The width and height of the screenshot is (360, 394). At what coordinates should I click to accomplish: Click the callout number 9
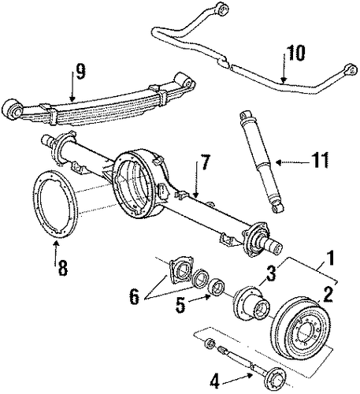point(80,71)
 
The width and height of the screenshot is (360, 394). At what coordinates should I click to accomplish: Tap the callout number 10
point(295,53)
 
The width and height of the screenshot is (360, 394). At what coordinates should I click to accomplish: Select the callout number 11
point(318,159)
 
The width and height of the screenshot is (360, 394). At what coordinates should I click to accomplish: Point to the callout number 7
point(205,162)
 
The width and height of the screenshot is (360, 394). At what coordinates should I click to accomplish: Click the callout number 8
point(62,267)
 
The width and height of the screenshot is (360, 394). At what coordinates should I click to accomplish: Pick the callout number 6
point(134,297)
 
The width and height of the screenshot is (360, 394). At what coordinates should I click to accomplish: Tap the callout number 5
point(180,305)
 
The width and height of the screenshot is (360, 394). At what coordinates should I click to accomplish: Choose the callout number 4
point(214,382)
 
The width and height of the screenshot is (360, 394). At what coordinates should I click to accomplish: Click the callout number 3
point(271,273)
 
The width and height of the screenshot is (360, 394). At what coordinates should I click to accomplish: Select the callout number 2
point(328,295)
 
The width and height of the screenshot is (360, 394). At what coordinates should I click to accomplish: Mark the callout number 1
point(329,258)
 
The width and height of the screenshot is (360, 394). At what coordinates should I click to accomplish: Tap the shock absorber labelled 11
point(261,161)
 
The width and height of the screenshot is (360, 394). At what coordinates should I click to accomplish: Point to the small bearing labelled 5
point(217,286)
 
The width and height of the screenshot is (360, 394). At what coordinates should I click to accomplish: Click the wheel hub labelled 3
point(251,302)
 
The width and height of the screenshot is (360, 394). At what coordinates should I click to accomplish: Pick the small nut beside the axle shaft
point(210,344)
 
